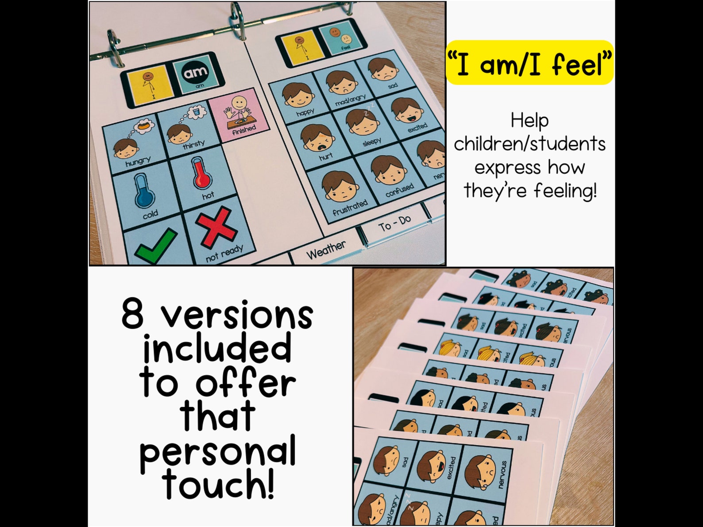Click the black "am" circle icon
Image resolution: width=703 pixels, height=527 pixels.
click(195, 72)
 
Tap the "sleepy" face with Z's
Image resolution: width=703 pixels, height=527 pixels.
click(361, 123)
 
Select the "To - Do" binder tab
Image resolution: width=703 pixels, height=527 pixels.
click(394, 224)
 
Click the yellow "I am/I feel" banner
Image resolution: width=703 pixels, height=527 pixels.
click(529, 63)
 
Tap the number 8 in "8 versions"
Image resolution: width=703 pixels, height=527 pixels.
click(133, 314)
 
